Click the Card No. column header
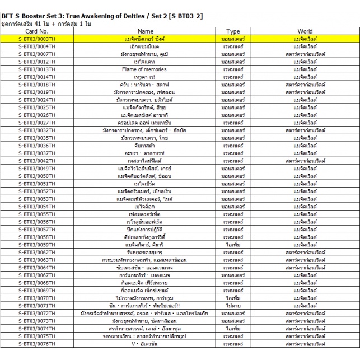coord(36,31)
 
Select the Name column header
coord(145,31)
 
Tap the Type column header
coord(232,31)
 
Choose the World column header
coord(305,31)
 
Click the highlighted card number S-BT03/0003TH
coord(36,39)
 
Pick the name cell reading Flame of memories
coord(145,69)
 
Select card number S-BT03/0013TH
coord(36,69)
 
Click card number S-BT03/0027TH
coord(36,123)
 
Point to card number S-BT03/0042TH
coord(36,160)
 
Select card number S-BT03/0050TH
coord(36,175)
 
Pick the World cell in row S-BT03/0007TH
coord(305,54)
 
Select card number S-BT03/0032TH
coord(36,130)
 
